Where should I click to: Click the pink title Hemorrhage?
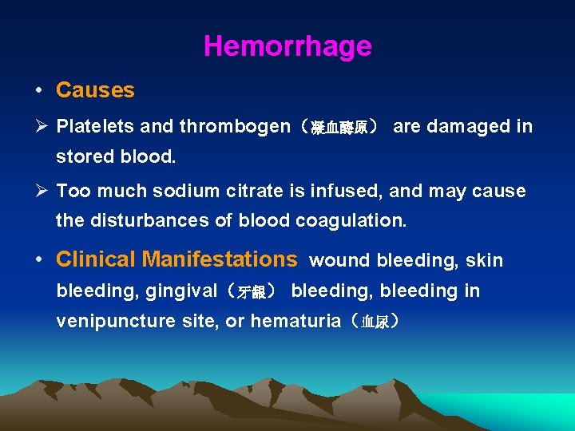pos(287,46)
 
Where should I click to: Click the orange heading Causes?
pos(95,90)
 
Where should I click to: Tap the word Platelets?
pos(96,126)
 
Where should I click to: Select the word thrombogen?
pos(235,126)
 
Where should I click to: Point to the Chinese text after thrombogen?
pos(334,128)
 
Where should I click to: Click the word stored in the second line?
pos(84,156)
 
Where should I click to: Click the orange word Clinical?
pos(96,259)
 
